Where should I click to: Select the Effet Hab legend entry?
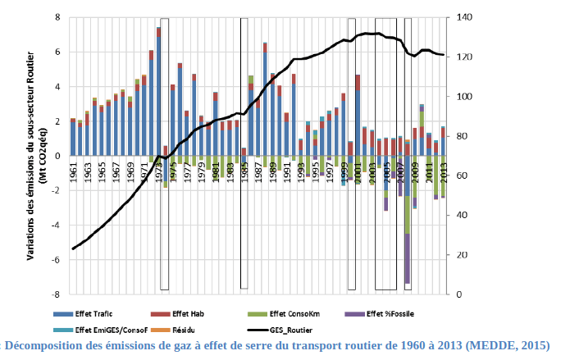[189, 313]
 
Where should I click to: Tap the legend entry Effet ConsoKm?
[286, 313]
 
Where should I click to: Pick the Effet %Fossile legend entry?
[387, 313]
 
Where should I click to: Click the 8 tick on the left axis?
[57, 17]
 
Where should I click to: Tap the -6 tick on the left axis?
[55, 259]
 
